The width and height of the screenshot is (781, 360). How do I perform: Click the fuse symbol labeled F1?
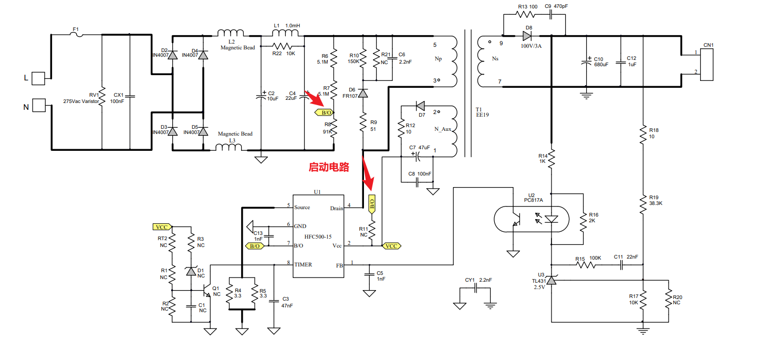point(77,35)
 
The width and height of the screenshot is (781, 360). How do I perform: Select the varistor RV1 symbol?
point(102,95)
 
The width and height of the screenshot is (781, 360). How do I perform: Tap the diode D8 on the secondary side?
point(528,36)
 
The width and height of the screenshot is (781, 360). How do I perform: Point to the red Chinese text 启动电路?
point(329,168)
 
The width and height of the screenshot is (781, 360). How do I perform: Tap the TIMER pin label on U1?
point(303,264)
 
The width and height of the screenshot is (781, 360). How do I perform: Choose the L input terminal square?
point(39,79)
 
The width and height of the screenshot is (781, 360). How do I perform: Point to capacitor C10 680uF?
point(586,63)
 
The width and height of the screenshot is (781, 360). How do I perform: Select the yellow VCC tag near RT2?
point(162,227)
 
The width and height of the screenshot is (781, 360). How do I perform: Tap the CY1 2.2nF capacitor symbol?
point(475,288)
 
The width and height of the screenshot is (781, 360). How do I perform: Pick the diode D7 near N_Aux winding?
point(420,107)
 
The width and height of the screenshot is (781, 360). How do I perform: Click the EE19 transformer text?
point(482,115)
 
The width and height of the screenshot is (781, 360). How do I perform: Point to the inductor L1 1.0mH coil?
point(285,34)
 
